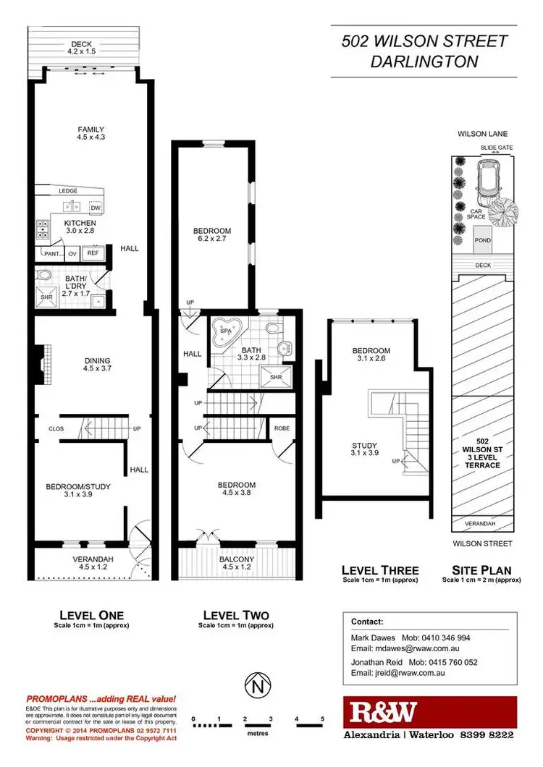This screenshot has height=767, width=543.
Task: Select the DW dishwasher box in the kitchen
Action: click(95, 208)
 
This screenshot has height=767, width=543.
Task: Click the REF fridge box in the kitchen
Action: click(93, 253)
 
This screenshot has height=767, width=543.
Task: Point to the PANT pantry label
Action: click(51, 254)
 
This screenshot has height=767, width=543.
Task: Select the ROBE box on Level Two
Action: click(282, 428)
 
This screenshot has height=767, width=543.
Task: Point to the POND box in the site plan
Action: click(481, 240)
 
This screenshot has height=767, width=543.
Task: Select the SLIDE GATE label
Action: click(495, 147)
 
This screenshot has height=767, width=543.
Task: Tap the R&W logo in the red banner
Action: click(383, 713)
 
